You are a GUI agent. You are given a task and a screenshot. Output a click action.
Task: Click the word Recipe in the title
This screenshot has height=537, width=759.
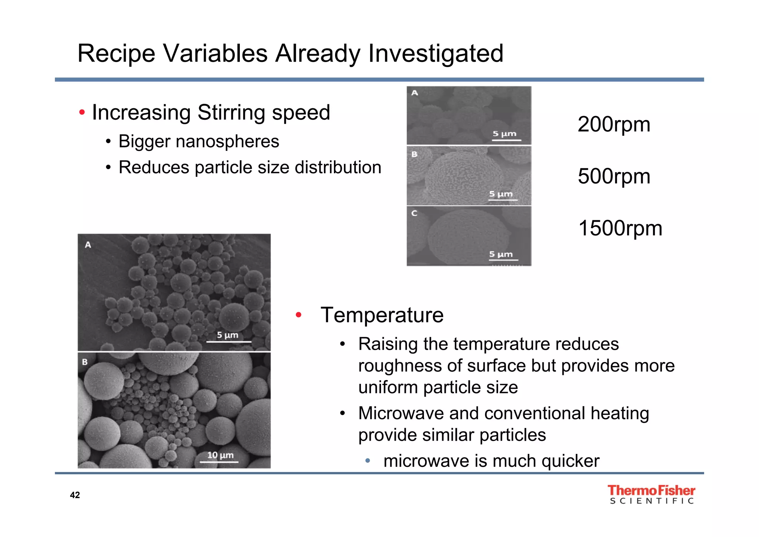coord(116,54)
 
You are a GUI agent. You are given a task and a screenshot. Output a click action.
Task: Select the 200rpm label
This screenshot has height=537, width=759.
coord(614,125)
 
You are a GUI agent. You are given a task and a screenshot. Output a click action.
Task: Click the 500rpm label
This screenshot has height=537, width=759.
coord(614,176)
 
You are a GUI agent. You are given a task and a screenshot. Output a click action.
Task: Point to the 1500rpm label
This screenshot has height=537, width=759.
coord(620,228)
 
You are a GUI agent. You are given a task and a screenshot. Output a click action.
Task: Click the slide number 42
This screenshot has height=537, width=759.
coord(75,495)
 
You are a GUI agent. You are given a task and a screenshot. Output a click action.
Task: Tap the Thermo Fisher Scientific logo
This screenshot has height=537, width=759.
coord(651,495)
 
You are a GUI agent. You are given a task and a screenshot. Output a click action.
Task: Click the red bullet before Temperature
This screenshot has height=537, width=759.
coord(298,315)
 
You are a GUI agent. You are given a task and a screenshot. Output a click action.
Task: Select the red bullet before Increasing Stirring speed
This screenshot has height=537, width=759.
coord(82,112)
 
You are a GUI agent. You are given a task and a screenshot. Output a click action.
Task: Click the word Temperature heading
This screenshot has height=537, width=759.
coord(382,315)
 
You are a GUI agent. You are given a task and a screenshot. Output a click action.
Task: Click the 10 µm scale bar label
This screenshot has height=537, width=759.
coord(220,455)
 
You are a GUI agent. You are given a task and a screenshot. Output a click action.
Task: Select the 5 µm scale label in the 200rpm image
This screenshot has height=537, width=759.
coord(504,134)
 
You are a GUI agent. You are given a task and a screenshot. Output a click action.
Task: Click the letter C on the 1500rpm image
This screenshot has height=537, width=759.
coord(414,213)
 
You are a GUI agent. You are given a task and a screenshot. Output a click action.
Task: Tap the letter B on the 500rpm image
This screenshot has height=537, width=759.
coord(414,154)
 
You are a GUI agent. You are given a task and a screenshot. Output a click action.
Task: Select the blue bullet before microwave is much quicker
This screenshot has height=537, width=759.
coord(367,461)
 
